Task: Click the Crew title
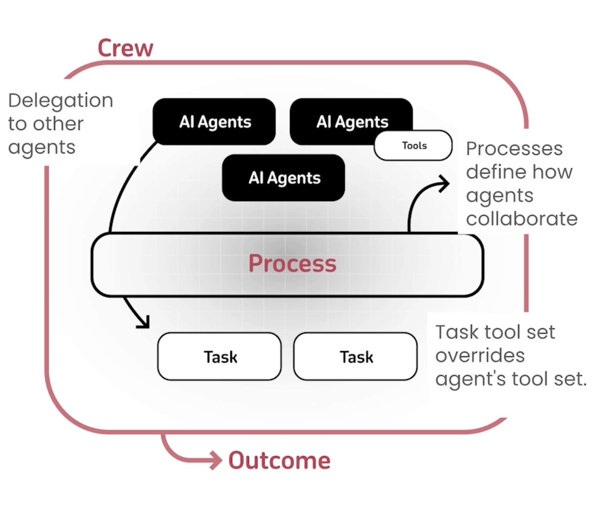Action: [125, 48]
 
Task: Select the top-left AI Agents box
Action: [214, 121]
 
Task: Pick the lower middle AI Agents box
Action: [283, 178]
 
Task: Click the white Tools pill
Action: [413, 145]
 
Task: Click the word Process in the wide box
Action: [292, 263]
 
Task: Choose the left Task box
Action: [219, 356]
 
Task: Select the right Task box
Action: [355, 356]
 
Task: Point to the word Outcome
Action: [279, 460]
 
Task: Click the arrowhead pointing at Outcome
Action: [216, 460]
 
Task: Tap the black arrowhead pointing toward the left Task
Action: [144, 322]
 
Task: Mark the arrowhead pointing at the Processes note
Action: [444, 183]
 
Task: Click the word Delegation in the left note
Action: [61, 100]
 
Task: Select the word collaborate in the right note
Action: [522, 219]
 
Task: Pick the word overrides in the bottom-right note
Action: [480, 356]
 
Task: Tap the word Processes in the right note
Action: [514, 149]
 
